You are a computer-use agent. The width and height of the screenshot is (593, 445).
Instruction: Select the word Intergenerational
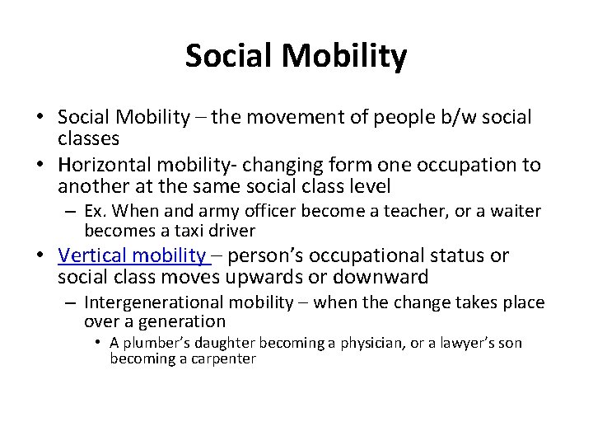tap(152, 303)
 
